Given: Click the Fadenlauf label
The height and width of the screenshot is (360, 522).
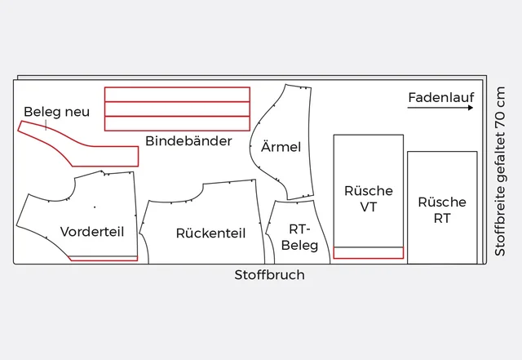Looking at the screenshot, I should point(440,97).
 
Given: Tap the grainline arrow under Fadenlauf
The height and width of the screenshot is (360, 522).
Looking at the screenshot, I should point(440,108).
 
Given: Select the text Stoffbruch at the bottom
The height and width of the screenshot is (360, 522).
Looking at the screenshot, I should point(269,275).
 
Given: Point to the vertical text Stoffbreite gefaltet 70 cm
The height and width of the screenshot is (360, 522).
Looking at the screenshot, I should point(500,171).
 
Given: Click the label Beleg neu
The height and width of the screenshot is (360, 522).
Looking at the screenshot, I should point(56,112).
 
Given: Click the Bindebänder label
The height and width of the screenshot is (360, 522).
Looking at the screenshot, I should point(188,141).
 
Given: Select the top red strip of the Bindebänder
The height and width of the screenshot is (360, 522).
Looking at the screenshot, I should point(177,94).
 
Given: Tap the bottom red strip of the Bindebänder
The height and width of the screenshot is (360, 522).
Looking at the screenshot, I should point(177,123).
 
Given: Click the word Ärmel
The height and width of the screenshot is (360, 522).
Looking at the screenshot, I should point(281,148).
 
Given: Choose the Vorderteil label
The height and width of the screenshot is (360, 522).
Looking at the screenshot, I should point(92,232).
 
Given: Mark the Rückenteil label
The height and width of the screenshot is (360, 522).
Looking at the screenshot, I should point(210,233).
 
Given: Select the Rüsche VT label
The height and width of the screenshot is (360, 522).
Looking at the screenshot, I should point(368,198).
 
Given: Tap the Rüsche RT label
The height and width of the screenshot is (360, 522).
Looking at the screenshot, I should point(441,210).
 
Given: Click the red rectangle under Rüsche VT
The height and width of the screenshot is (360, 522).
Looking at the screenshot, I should point(368,252).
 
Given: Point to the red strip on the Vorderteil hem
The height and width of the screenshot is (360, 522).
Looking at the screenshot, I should point(103,259).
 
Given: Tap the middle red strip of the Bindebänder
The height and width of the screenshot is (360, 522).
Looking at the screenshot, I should point(177,109).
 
